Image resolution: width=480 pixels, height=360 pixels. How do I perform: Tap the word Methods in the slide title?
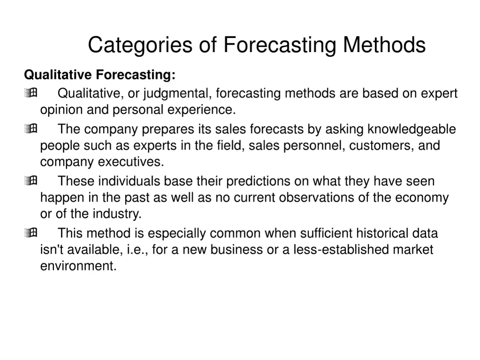pyautogui.click(x=384, y=45)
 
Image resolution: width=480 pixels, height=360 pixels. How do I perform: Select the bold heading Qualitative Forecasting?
pyautogui.click(x=100, y=75)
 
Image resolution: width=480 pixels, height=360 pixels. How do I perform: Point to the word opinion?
pyautogui.click(x=61, y=111)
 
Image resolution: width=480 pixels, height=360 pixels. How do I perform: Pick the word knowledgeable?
pyautogui.click(x=411, y=129)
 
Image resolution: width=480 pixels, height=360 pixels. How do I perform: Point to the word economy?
pyautogui.click(x=422, y=198)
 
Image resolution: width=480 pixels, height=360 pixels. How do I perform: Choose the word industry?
pyautogui.click(x=120, y=215)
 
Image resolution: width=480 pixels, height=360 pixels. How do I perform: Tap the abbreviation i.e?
pyautogui.click(x=136, y=249)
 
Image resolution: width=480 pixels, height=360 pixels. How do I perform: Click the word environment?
pyautogui.click(x=77, y=266)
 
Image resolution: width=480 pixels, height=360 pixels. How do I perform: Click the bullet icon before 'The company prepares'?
pyautogui.click(x=31, y=129)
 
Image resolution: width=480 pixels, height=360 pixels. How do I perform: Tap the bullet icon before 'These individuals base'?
pyautogui.click(x=31, y=181)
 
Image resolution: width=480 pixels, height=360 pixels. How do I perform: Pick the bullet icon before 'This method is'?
pyautogui.click(x=31, y=233)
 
